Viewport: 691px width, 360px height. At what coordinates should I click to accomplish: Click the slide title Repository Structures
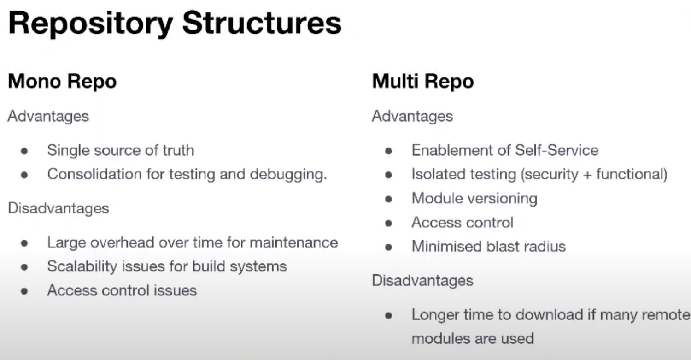pyautogui.click(x=175, y=23)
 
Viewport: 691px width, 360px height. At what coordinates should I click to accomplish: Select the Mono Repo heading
pyautogui.click(x=62, y=82)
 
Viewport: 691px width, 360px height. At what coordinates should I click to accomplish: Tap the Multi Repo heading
pyautogui.click(x=422, y=82)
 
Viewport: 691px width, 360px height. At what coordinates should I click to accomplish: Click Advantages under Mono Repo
pyautogui.click(x=48, y=116)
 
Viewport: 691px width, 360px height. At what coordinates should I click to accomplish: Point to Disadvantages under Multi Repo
pyautogui.click(x=422, y=280)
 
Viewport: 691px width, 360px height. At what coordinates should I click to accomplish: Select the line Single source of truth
pyautogui.click(x=120, y=150)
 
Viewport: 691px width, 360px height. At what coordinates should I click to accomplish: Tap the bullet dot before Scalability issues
pyautogui.click(x=25, y=267)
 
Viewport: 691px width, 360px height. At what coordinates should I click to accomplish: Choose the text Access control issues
pyautogui.click(x=122, y=290)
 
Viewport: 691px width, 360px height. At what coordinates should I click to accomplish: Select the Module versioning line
pyautogui.click(x=474, y=198)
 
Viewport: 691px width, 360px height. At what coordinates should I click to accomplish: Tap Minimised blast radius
pyautogui.click(x=488, y=246)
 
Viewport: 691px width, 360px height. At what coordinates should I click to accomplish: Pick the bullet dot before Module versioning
pyautogui.click(x=389, y=199)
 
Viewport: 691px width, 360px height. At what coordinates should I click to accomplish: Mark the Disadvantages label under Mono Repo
pyautogui.click(x=58, y=208)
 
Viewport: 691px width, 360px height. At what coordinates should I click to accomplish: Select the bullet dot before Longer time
pyautogui.click(x=389, y=316)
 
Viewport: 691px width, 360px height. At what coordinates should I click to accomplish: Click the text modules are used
pyautogui.click(x=472, y=338)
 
